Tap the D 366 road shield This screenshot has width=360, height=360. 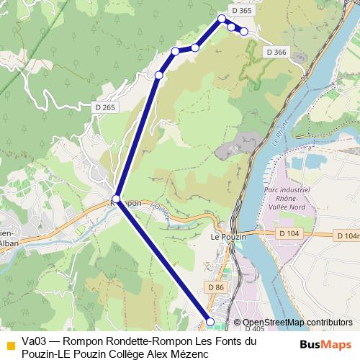coord(275,52)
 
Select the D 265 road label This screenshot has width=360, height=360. coord(105,107)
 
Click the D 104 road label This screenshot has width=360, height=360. coord(288,234)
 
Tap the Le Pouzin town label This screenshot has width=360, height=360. coord(228,237)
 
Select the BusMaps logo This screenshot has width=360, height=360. coord(325,343)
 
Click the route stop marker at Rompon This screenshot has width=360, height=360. coord(116,198)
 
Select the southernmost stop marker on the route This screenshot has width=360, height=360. coord(210,321)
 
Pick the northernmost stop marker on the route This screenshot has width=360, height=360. coord(222,19)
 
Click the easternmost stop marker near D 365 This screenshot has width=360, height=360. coord(244,31)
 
